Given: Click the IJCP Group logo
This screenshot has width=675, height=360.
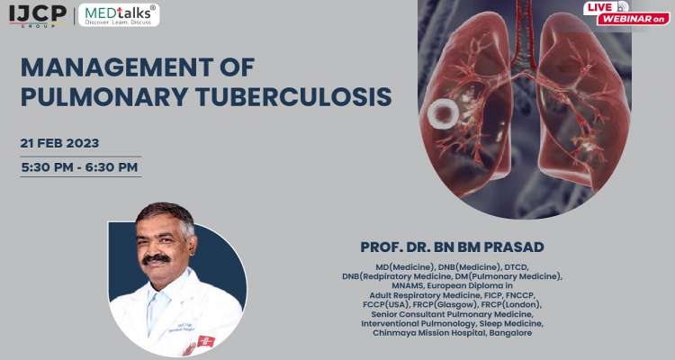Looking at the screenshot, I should (37, 14).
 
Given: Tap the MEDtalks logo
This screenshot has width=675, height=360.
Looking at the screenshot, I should (119, 14).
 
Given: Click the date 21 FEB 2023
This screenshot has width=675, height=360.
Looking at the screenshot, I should (59, 143).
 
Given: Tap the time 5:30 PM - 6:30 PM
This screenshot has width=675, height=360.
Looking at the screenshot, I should (80, 166).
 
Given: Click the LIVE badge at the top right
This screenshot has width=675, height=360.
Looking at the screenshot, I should (601, 7).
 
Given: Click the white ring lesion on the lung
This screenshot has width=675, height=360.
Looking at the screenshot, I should (443, 113).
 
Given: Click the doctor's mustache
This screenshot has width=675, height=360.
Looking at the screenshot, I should (157, 259).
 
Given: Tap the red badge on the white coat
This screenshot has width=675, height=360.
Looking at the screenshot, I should (206, 340).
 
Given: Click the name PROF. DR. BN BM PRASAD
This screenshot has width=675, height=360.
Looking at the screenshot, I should (452, 247).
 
